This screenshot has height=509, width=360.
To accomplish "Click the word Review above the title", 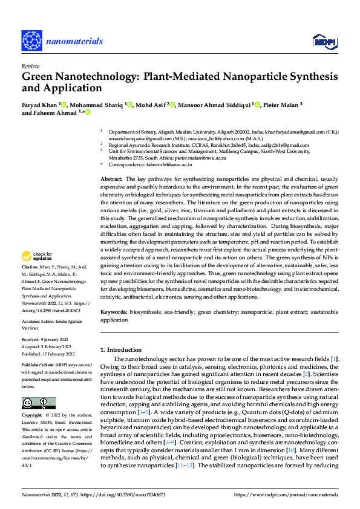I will [x=30, y=66].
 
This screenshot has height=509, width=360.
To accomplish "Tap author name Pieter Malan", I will [x=281, y=105].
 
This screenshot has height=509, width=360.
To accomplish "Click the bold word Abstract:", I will [x=111, y=180].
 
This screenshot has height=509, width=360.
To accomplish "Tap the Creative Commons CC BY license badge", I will [x=38, y=403].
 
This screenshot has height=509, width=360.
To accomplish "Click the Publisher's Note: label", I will [x=38, y=366].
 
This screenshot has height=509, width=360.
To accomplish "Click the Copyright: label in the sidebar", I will [x=32, y=417].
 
